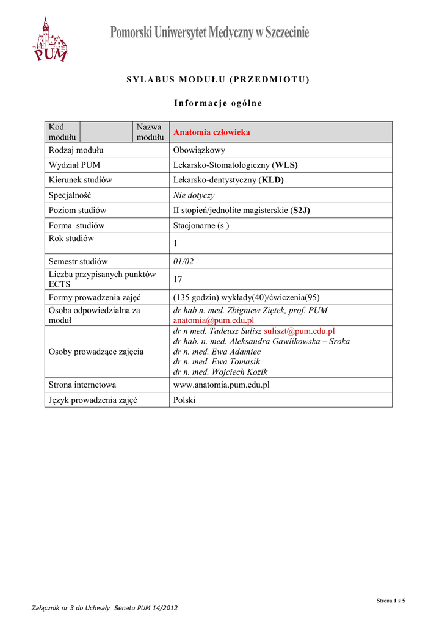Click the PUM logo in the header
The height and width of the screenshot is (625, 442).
click(50, 40)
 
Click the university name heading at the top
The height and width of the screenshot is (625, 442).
click(209, 32)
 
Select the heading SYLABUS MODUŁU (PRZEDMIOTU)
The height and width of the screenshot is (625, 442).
click(218, 80)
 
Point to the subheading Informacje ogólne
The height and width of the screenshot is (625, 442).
click(217, 103)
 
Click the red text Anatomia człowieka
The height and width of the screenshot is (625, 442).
click(211, 132)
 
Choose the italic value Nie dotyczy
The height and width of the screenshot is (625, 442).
click(194, 195)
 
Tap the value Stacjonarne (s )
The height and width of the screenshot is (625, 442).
click(201, 225)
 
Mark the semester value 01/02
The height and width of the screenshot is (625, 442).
click(183, 261)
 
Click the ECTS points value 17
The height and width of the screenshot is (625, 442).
click(178, 280)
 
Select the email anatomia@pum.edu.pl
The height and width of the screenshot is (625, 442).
click(213, 320)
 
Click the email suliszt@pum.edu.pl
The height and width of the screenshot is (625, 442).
click(299, 331)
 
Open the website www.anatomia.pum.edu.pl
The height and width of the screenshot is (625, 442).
click(221, 385)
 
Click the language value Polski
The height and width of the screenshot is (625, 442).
click(184, 400)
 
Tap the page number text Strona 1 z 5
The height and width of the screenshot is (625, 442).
click(391, 601)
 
